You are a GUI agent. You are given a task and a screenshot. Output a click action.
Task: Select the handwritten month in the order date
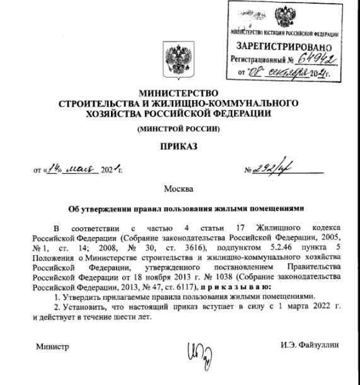78,169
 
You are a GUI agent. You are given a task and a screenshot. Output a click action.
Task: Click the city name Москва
178,189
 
